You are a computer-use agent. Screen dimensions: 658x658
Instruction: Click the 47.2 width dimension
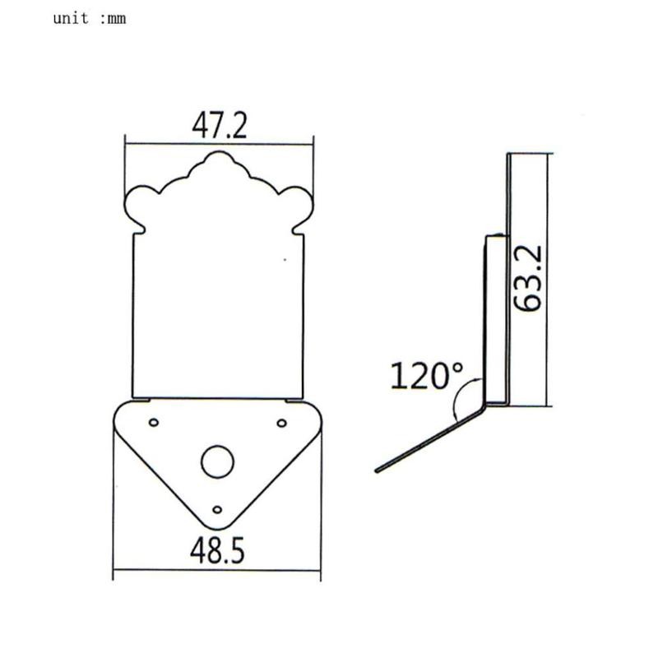(x=219, y=125)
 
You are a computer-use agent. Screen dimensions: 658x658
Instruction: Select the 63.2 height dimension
(x=527, y=280)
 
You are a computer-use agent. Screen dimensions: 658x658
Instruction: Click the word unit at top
(x=71, y=18)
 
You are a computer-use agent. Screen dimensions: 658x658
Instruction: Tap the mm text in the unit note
(x=116, y=18)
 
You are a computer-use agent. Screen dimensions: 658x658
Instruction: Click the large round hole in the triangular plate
(x=217, y=462)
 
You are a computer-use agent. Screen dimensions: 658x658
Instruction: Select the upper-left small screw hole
(x=153, y=423)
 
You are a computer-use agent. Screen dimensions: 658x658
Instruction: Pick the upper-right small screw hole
(x=281, y=423)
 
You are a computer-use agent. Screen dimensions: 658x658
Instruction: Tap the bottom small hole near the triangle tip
(x=217, y=509)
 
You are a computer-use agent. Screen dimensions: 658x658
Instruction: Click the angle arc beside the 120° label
(x=461, y=401)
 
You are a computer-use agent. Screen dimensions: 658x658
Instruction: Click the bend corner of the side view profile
(x=487, y=404)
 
